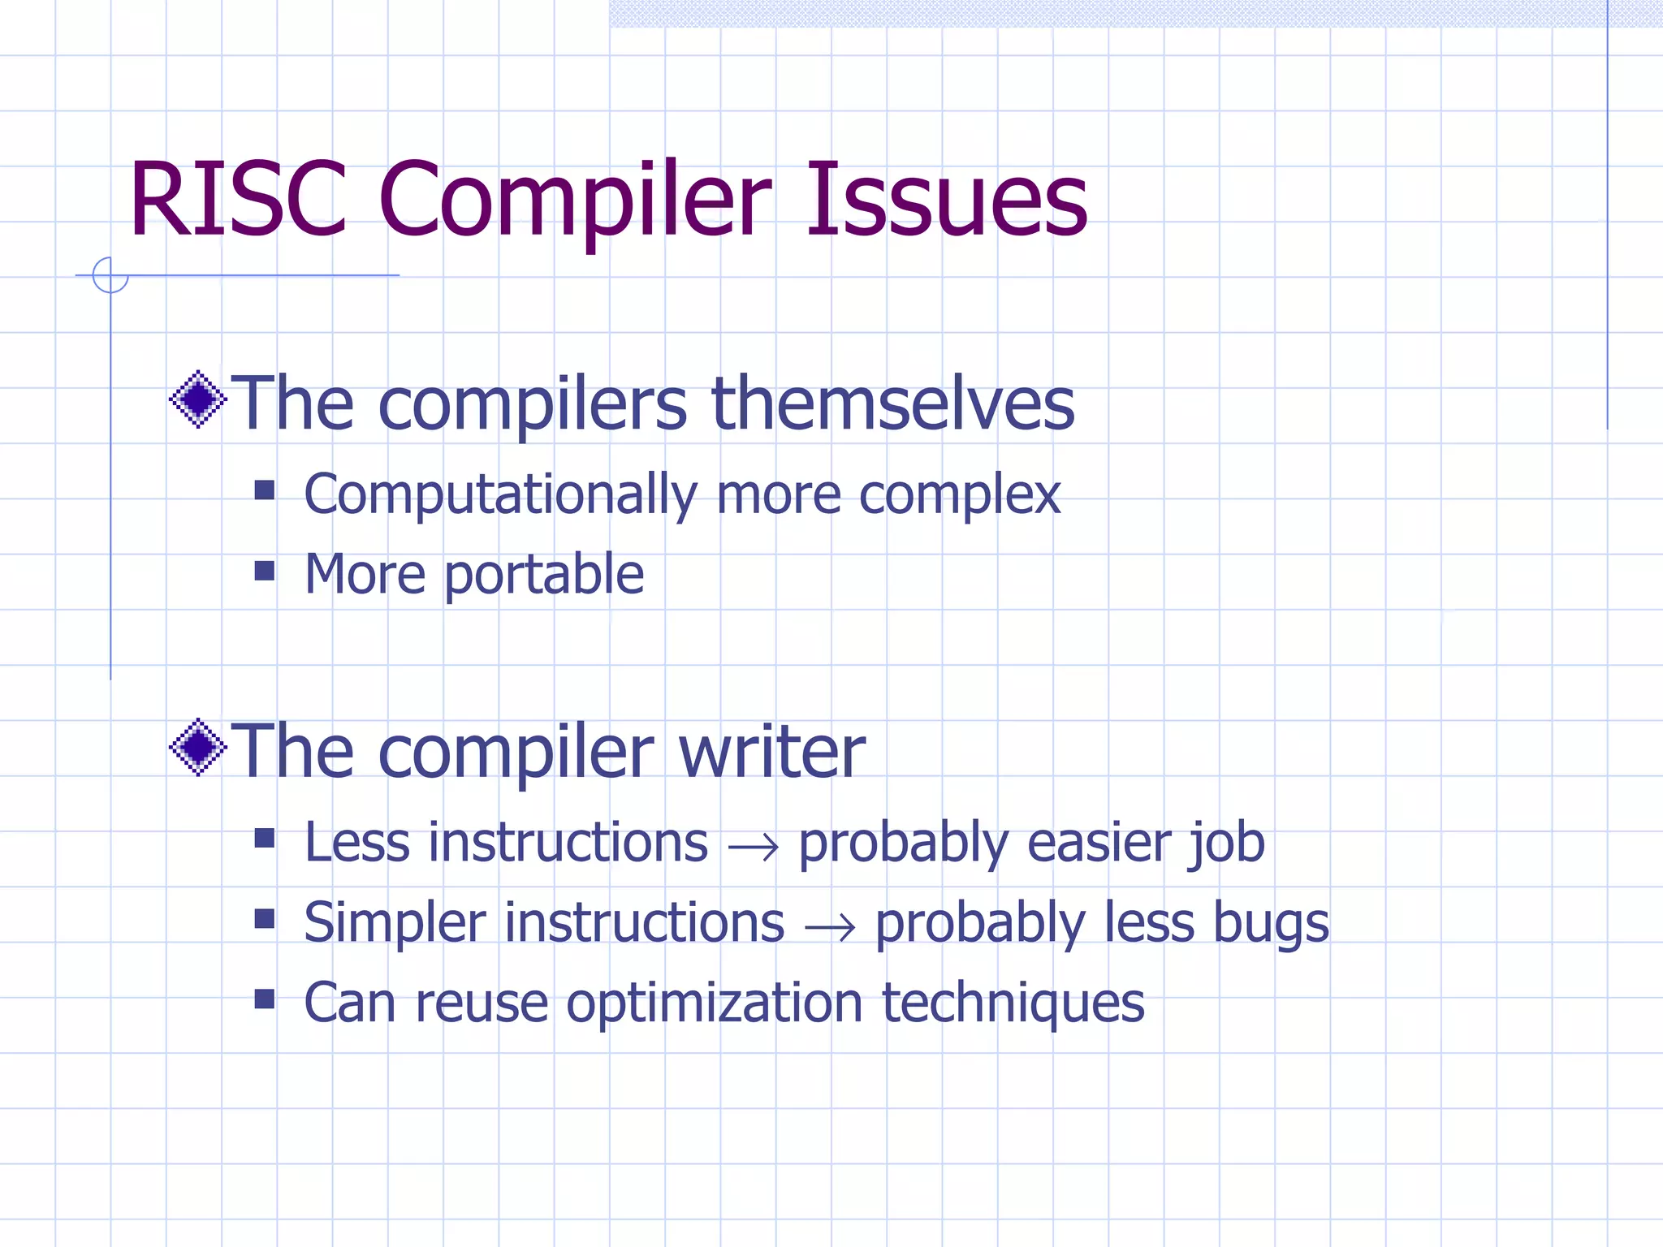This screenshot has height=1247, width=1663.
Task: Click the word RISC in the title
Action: (238, 200)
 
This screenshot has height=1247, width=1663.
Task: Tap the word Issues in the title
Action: (946, 200)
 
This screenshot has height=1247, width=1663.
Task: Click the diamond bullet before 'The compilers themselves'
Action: (198, 399)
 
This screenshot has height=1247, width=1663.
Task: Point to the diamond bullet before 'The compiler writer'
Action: (198, 747)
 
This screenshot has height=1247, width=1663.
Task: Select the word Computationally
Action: (500, 495)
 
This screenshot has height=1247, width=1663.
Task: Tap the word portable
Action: (543, 576)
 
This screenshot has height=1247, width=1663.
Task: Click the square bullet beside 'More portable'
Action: (265, 571)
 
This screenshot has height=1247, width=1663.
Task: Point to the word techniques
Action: (1013, 1003)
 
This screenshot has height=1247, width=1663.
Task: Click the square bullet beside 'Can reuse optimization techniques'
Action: (265, 999)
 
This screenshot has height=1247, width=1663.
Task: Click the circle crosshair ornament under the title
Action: (110, 275)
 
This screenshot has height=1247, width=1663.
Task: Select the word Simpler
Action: (395, 925)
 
